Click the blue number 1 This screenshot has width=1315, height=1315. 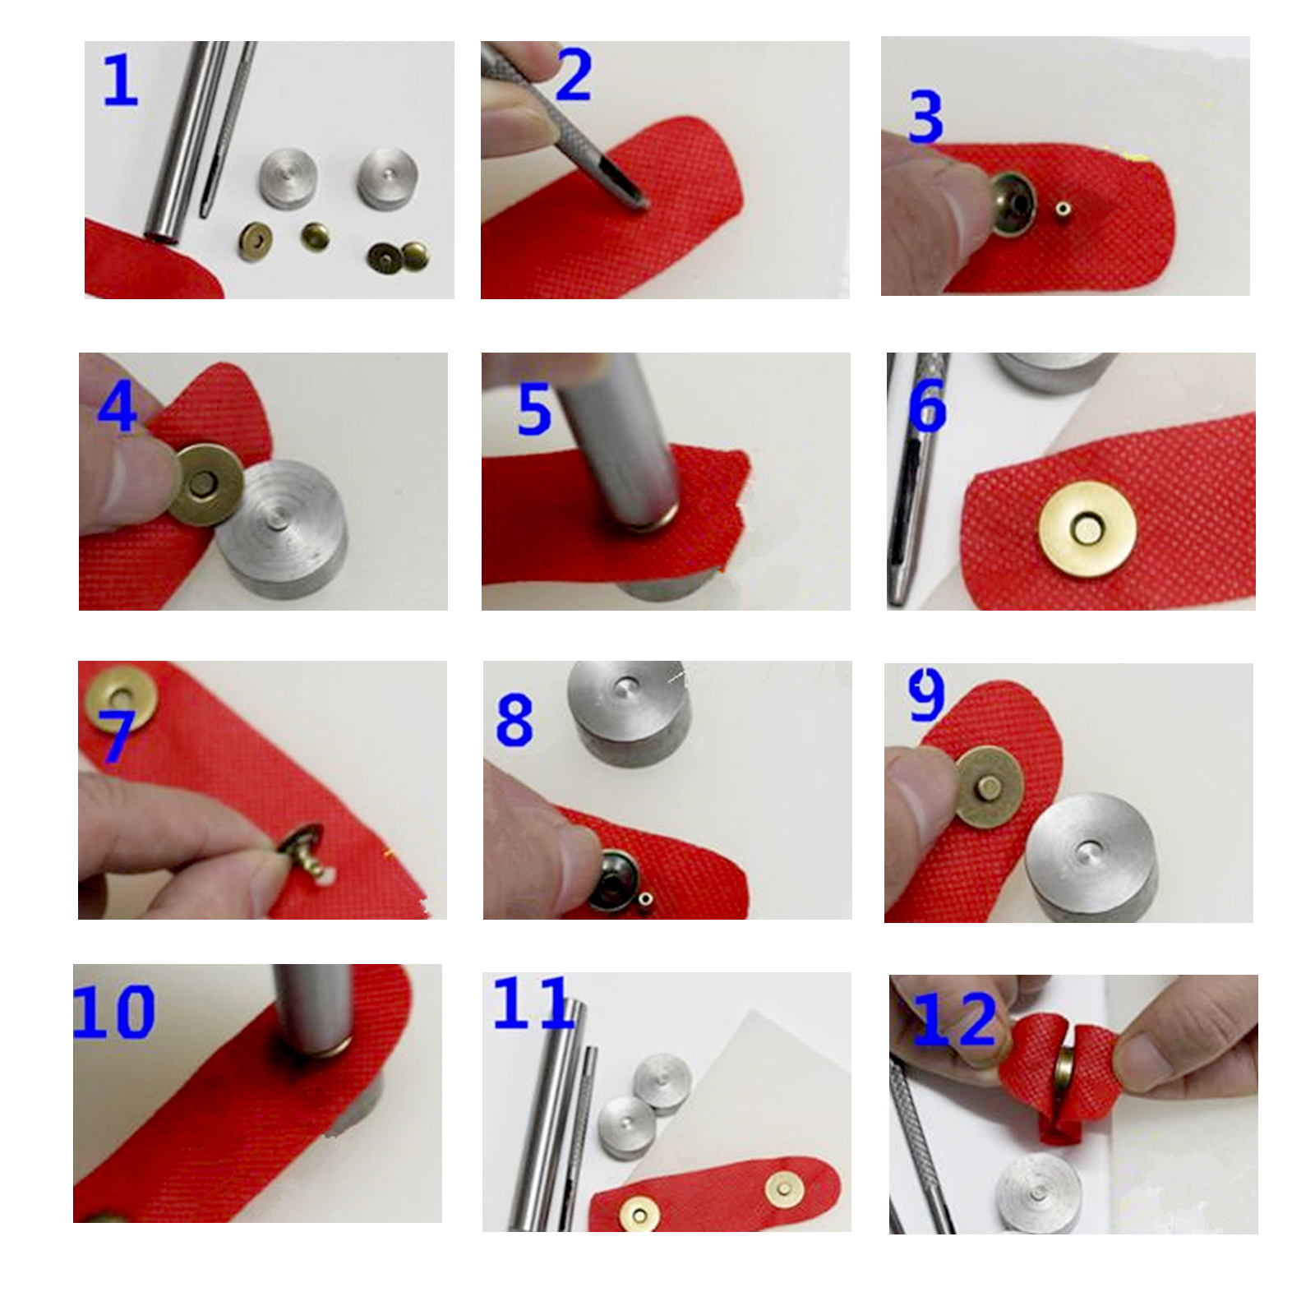coord(121,81)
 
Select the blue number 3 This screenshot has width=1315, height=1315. coord(925,117)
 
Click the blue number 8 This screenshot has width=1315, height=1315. coord(515,719)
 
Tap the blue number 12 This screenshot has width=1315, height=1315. coord(955,1019)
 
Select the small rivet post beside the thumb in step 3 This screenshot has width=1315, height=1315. coord(1063,212)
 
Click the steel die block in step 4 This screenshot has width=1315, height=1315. coord(281,529)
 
